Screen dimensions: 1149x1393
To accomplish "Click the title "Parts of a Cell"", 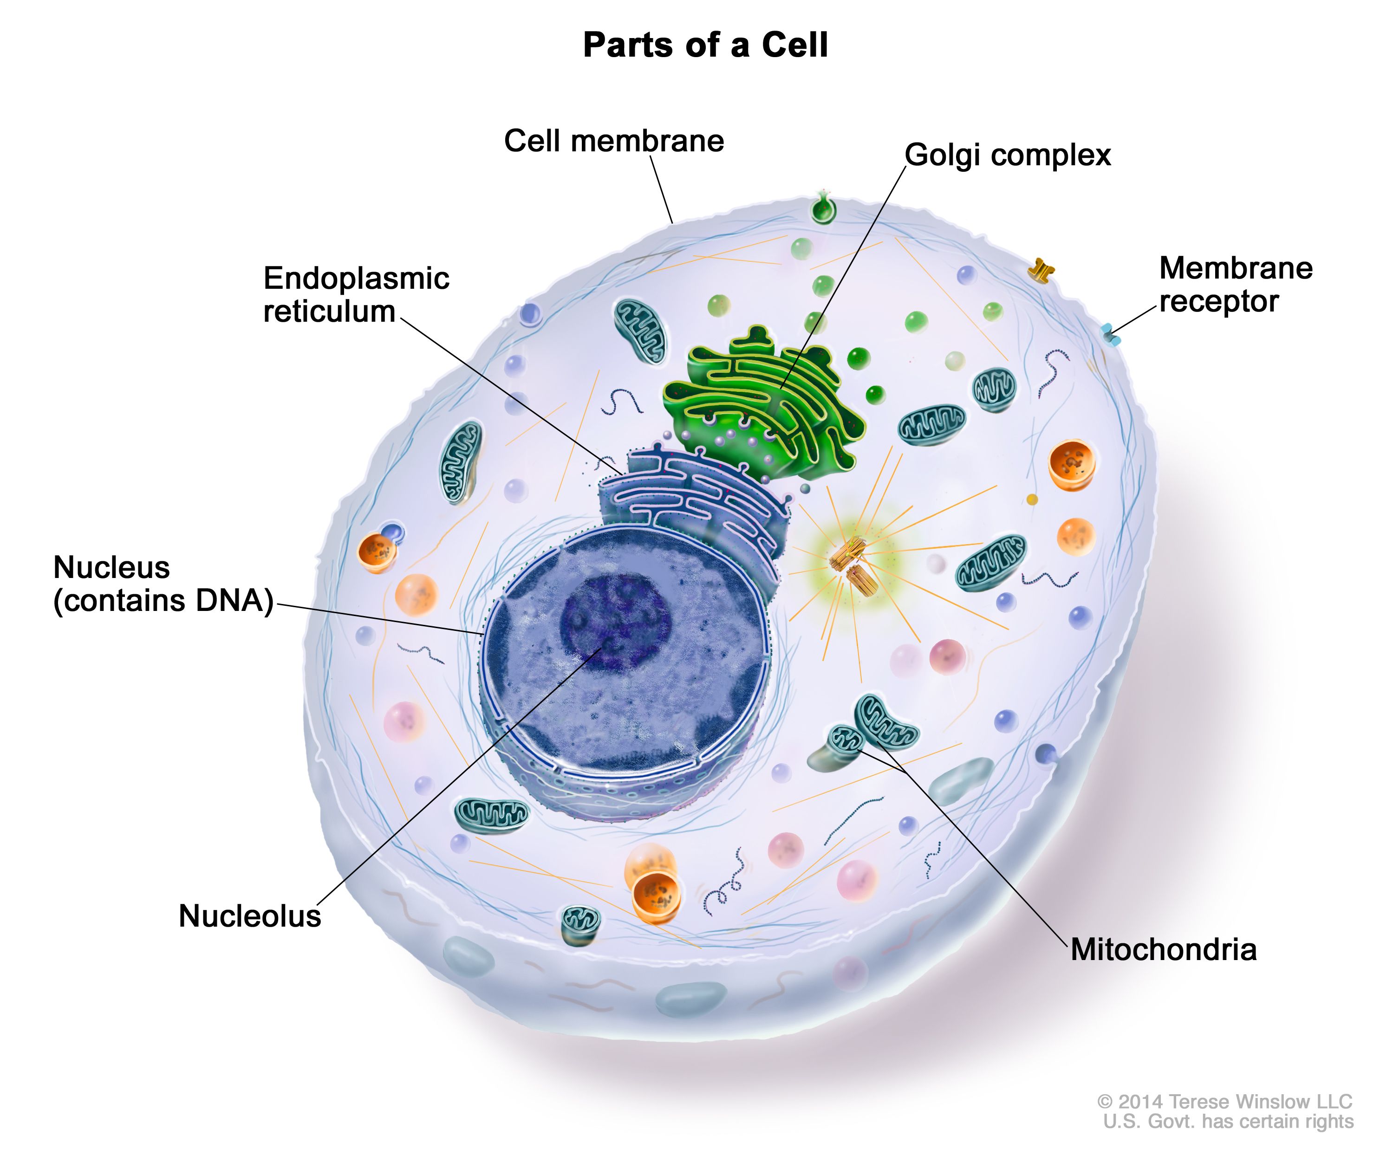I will [705, 45].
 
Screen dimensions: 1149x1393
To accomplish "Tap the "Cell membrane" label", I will [614, 141].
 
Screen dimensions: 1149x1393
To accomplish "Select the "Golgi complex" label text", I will [1007, 155].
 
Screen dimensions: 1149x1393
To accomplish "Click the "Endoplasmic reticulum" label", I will [356, 294].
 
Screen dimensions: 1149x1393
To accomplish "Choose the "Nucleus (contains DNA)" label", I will [163, 584].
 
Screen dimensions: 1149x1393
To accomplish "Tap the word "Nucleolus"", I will [250, 916].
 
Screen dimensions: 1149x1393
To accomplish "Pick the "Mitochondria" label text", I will [1163, 949].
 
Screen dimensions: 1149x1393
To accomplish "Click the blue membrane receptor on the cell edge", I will [1111, 334].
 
